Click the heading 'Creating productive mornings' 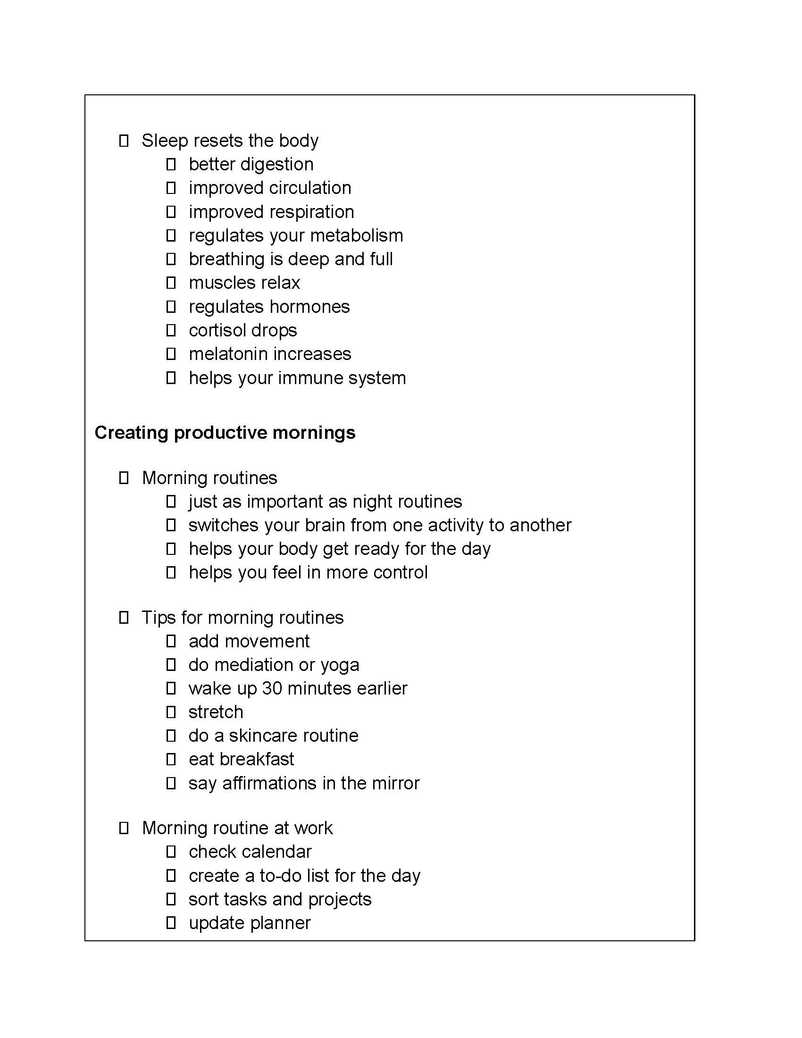(x=225, y=433)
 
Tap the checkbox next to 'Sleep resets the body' (x=124, y=141)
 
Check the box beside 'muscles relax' (x=171, y=283)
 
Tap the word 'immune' (x=311, y=378)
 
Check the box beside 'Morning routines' (x=124, y=478)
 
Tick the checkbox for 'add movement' (x=171, y=641)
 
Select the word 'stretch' (x=216, y=712)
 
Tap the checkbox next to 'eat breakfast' (x=171, y=760)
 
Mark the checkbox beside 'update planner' (x=171, y=923)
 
